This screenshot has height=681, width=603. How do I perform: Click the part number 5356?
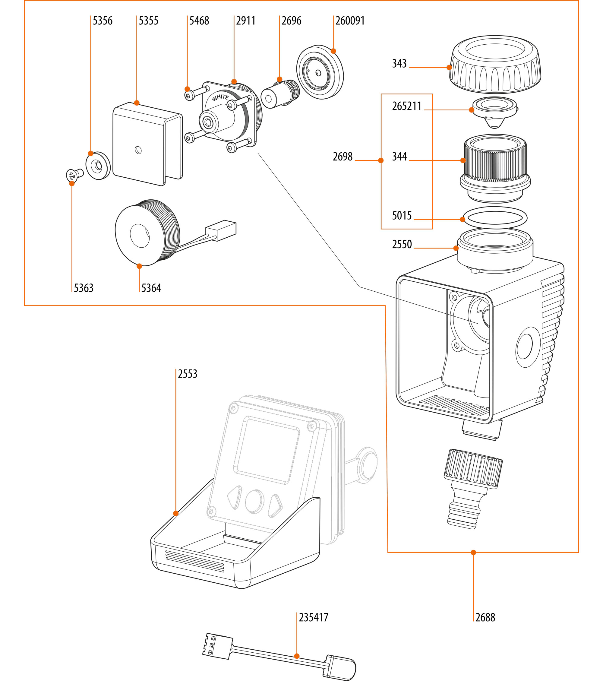(x=102, y=21)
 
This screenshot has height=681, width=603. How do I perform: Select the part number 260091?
(x=349, y=21)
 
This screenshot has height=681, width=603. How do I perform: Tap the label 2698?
(x=343, y=157)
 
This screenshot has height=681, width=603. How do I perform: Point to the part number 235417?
(x=313, y=617)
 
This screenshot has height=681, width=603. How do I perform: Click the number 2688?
(x=485, y=617)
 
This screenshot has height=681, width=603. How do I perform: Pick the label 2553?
(x=187, y=374)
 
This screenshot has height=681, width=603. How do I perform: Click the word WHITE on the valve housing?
(x=220, y=98)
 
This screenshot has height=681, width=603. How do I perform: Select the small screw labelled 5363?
(x=74, y=174)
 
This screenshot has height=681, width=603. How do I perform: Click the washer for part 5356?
(x=98, y=166)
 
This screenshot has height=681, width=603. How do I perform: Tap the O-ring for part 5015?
(x=495, y=217)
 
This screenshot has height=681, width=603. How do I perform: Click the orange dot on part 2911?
(x=234, y=82)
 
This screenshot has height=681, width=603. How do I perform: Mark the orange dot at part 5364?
(x=139, y=266)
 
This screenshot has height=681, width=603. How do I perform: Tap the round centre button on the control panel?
(x=254, y=502)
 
